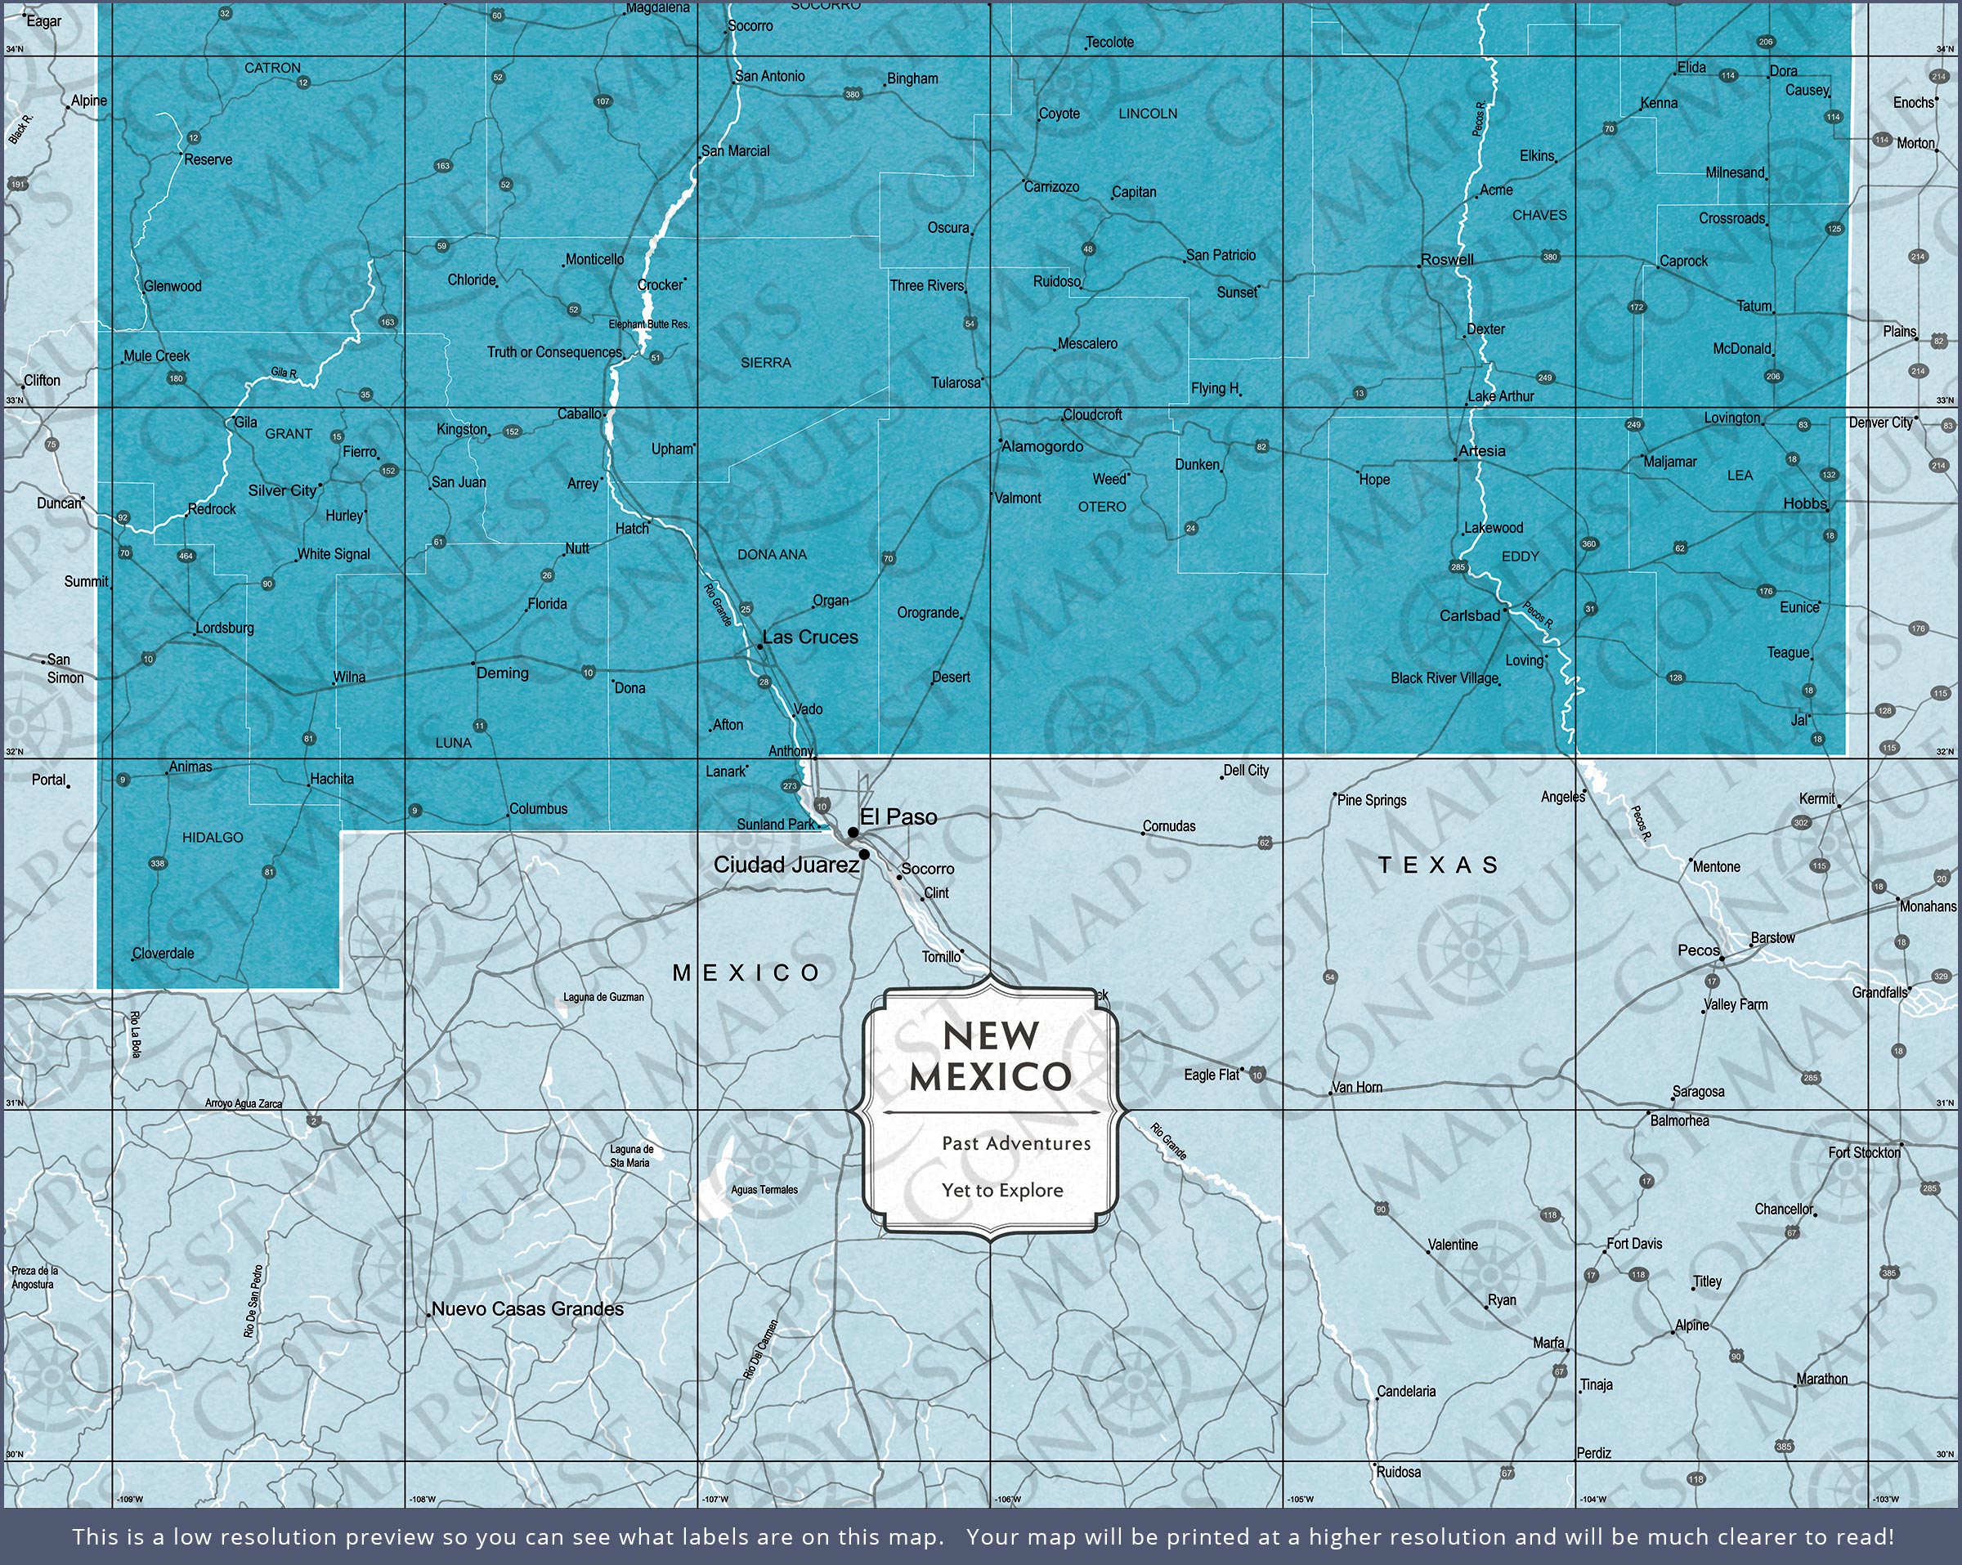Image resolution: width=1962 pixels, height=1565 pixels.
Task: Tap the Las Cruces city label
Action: (810, 637)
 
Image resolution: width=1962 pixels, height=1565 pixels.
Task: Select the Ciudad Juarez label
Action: (786, 865)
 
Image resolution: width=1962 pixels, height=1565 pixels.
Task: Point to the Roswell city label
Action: (1447, 259)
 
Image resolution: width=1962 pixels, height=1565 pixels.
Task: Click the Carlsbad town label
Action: (1469, 616)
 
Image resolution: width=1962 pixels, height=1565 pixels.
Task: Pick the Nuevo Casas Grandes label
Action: (528, 1308)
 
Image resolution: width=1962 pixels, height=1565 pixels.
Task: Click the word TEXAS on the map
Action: (1438, 865)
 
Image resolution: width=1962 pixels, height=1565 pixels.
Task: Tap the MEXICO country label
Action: (746, 973)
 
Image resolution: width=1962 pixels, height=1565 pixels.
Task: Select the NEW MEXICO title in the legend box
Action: (991, 1056)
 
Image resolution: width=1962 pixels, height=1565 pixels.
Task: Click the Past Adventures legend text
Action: (1015, 1144)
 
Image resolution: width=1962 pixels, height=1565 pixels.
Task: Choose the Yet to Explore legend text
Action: (1002, 1190)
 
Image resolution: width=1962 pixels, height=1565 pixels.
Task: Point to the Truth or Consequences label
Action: (554, 352)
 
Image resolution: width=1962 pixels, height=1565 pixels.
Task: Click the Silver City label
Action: (282, 490)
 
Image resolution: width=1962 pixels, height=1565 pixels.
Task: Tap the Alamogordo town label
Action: (1042, 447)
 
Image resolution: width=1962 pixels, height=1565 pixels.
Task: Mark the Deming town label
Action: (502, 673)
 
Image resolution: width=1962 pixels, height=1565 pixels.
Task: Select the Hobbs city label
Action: (1804, 503)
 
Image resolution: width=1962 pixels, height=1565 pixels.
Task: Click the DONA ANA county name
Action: (772, 554)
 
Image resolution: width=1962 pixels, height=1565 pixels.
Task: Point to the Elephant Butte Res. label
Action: (649, 324)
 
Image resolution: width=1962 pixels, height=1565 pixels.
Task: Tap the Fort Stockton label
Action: (1864, 1153)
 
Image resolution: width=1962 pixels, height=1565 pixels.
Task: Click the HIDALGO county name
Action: (212, 837)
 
